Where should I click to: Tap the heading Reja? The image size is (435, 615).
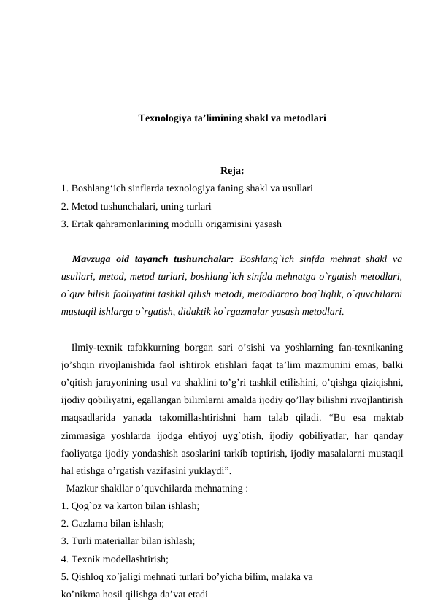[x=231, y=172]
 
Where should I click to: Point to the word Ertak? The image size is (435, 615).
[x=84, y=224]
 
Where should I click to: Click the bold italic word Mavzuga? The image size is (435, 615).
[x=93, y=259]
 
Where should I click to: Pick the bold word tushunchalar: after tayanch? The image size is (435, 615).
[x=202, y=259]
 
